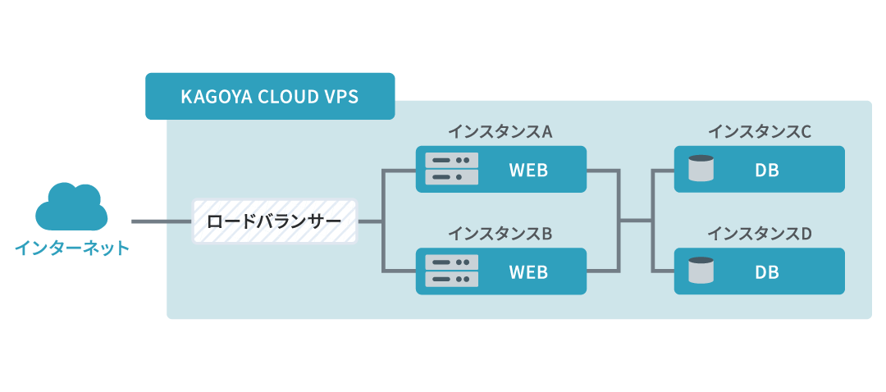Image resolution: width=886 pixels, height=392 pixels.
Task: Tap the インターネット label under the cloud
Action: [72, 247]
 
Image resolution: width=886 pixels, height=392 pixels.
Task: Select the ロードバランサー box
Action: [275, 221]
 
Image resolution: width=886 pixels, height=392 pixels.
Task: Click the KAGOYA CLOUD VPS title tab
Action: [269, 96]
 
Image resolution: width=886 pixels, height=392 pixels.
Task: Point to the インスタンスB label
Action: [500, 234]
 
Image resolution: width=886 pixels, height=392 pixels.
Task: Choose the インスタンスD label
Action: [760, 234]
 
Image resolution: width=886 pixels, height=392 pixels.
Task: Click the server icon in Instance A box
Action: [452, 169]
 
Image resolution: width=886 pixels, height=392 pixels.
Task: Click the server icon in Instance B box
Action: [452, 271]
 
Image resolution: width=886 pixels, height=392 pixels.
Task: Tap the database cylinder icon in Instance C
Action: [701, 169]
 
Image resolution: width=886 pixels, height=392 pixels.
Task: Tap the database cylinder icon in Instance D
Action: [701, 271]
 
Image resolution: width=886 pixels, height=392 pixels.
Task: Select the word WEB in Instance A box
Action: [528, 170]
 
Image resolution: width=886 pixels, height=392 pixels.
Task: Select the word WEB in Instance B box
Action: [528, 272]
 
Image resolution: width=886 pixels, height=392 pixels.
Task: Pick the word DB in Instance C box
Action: [767, 170]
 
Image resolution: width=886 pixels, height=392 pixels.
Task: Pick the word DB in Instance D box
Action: [767, 272]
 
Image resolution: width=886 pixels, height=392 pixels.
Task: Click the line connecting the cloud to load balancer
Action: [162, 221]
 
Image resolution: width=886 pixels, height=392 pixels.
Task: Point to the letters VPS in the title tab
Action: [340, 96]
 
